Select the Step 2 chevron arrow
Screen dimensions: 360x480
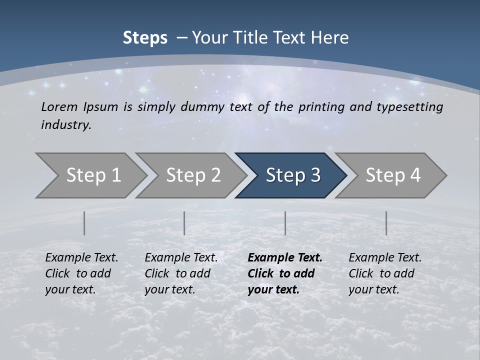coord(193,175)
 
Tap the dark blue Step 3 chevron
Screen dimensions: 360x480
coord(293,175)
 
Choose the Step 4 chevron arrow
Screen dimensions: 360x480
coord(393,175)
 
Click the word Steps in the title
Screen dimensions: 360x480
coord(145,38)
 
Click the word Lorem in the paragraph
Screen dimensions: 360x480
coord(59,107)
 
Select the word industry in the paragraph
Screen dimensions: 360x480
coord(65,125)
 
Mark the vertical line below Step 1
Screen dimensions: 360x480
coord(84,223)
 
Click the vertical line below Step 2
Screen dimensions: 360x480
coord(184,223)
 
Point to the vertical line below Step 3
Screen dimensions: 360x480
coord(285,223)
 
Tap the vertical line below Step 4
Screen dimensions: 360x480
coord(386,223)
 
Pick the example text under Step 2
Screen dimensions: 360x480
coord(180,273)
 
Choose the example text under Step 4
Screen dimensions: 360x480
coord(384,273)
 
